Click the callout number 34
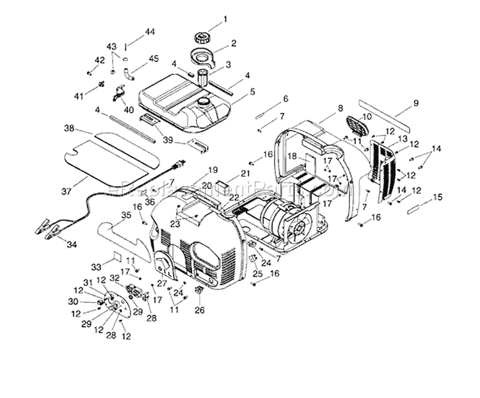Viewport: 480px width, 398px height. tap(71, 244)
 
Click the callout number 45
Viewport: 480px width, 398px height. tap(154, 59)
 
